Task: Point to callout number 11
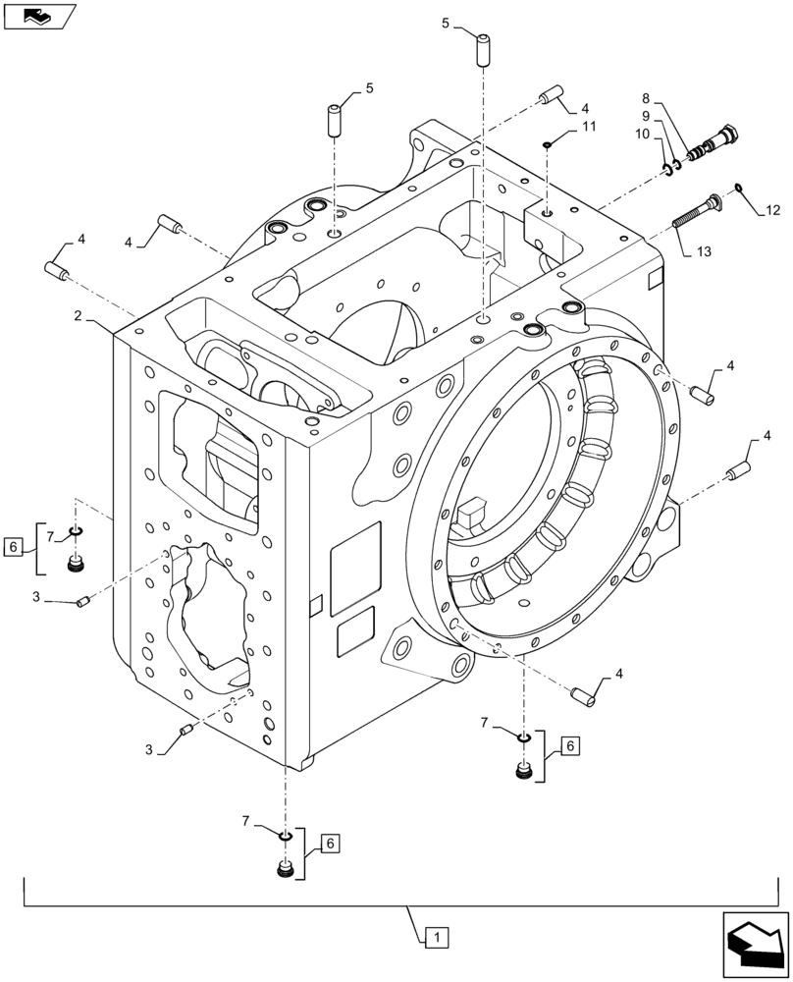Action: tap(588, 127)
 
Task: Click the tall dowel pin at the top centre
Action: tap(483, 50)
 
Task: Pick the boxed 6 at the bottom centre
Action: tap(331, 844)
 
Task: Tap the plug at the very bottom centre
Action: tap(286, 870)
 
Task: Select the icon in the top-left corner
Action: tap(38, 15)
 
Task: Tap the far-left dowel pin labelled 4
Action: tap(56, 269)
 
